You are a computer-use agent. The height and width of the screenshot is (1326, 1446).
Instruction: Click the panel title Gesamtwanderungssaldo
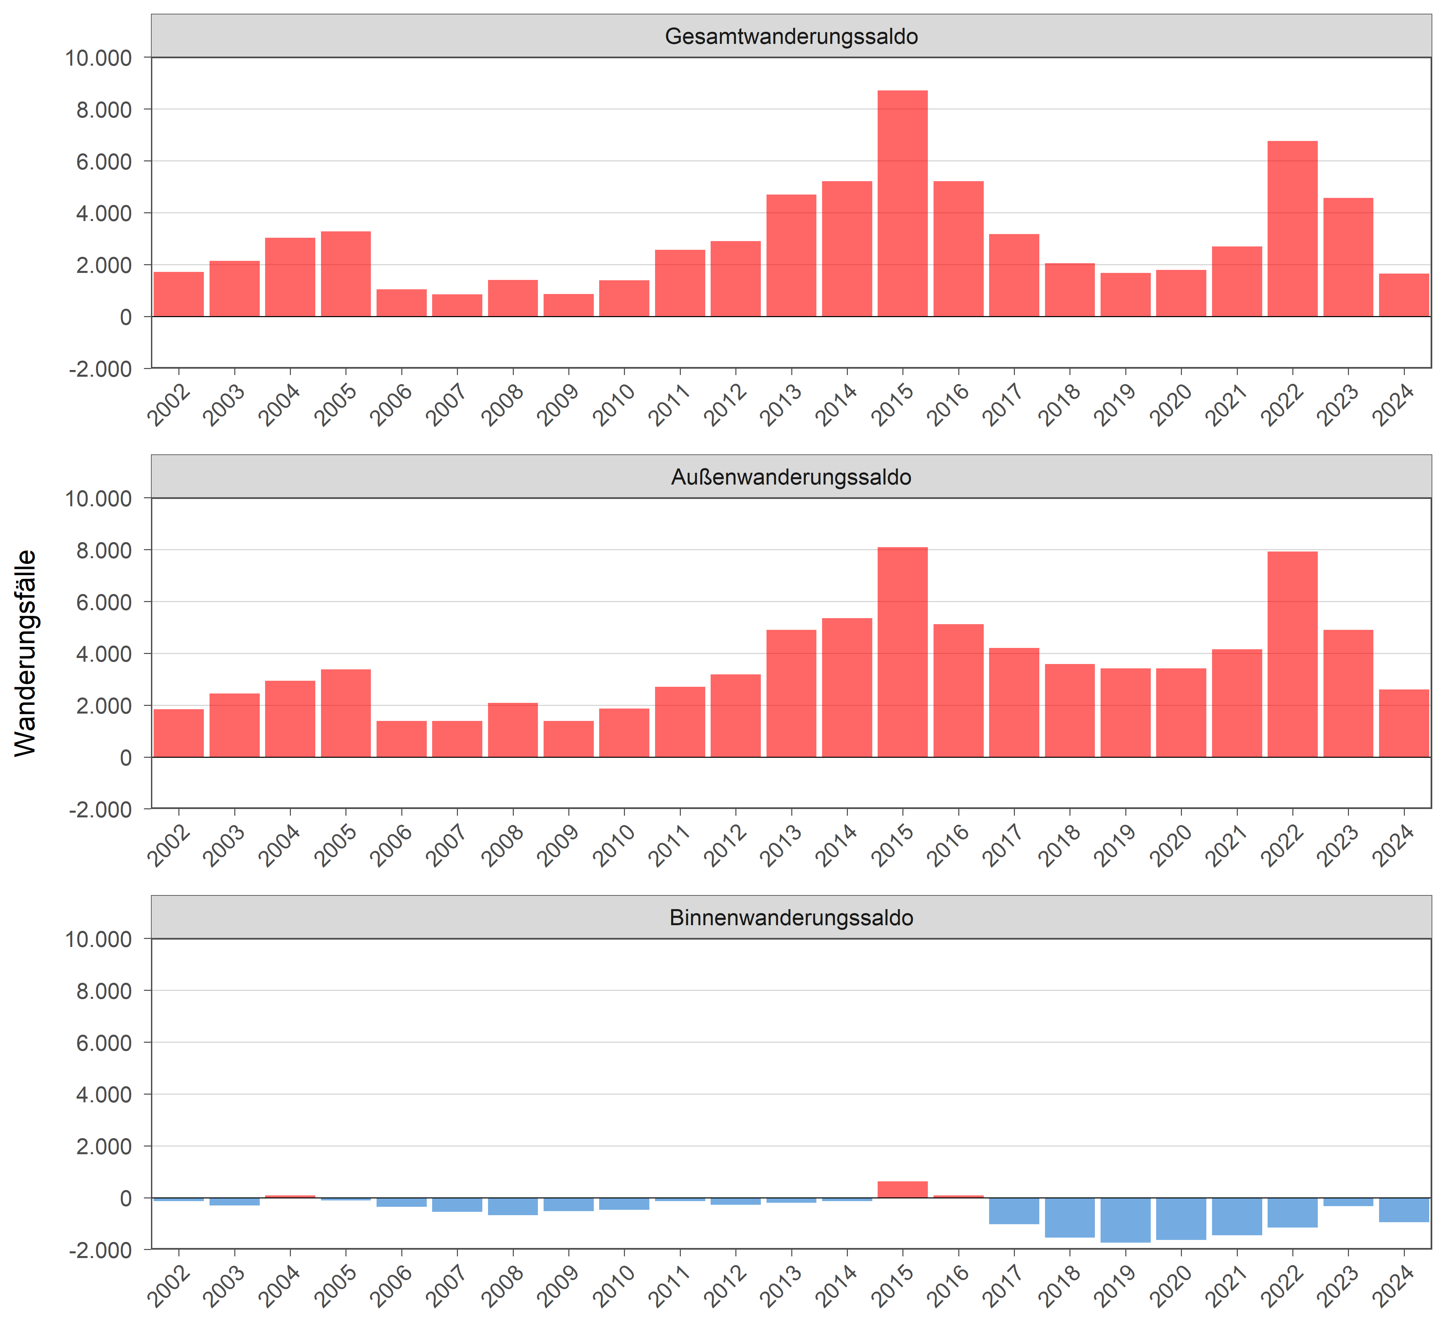pyautogui.click(x=791, y=36)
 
